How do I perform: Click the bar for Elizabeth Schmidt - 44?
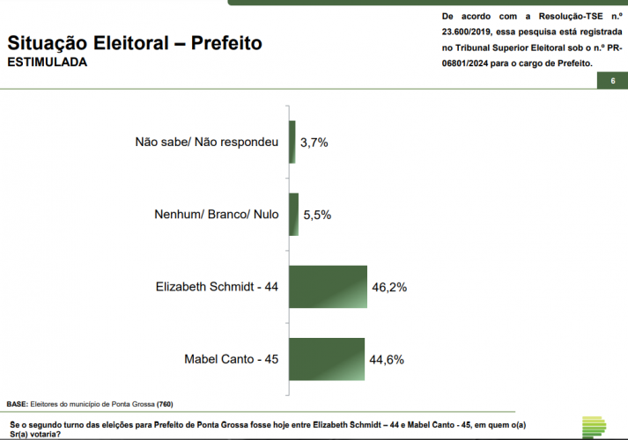328,286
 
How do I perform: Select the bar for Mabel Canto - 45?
327,359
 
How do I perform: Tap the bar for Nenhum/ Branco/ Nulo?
294,214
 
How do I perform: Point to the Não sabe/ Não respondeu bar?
292,142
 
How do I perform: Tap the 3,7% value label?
314,142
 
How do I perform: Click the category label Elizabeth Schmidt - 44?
217,287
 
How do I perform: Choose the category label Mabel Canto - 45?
231,359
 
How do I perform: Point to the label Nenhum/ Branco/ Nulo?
216,214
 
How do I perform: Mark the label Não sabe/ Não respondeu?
206,142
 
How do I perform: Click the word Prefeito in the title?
226,43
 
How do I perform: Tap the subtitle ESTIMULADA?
48,63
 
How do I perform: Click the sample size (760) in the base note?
166,404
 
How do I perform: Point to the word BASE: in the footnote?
18,404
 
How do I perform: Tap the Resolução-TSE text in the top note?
563,17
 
